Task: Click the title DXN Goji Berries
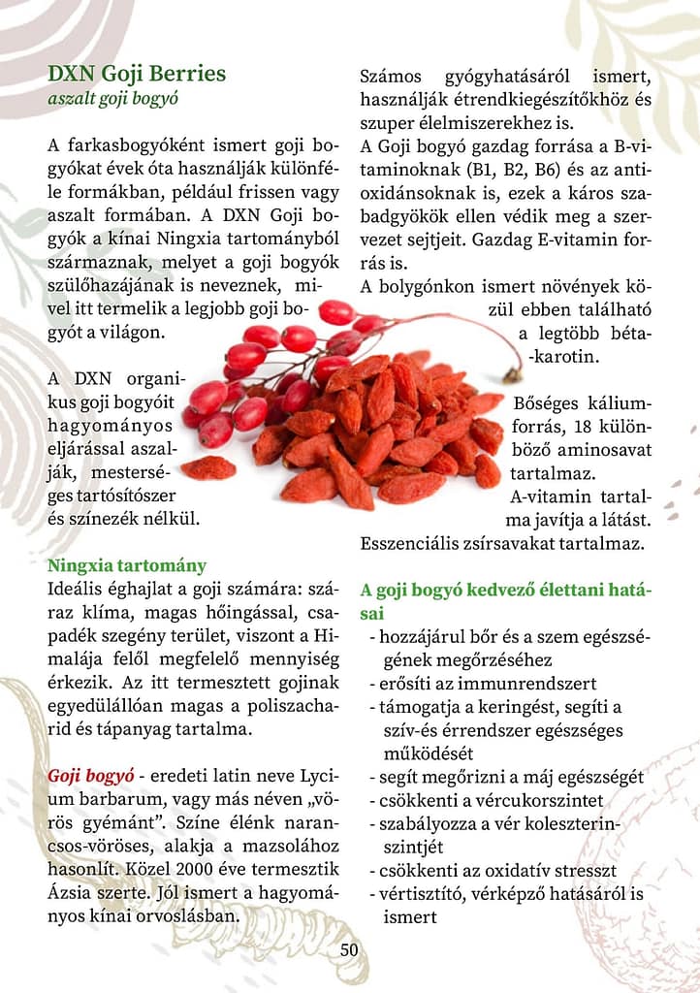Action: coord(137,74)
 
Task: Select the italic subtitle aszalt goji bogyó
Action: coord(112,98)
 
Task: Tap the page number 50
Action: coord(349,949)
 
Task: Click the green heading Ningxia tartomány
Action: coord(127,565)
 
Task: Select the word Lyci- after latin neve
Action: coord(317,778)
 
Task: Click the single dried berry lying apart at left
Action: coord(208,468)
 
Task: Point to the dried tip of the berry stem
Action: coord(511,372)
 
